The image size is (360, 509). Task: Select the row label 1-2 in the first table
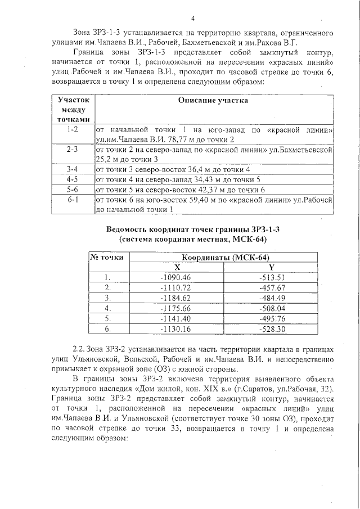[73, 130]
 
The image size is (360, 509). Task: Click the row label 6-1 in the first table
[73, 200]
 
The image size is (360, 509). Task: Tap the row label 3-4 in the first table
[73, 169]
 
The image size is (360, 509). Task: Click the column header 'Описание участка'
[213, 100]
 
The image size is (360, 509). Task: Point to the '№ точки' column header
[107, 257]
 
